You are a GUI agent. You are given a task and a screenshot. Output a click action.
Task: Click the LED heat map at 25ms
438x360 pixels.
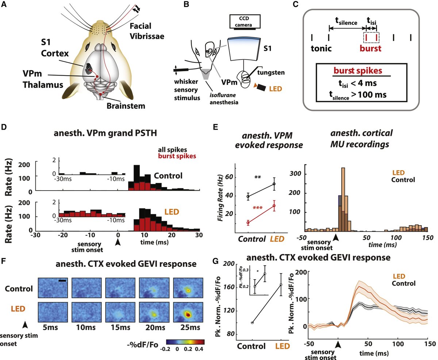[x=187, y=314]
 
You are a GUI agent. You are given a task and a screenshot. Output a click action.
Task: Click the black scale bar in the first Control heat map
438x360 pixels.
[x=62, y=280]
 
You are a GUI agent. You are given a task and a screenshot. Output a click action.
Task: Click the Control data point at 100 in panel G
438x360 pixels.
[x=252, y=323]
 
